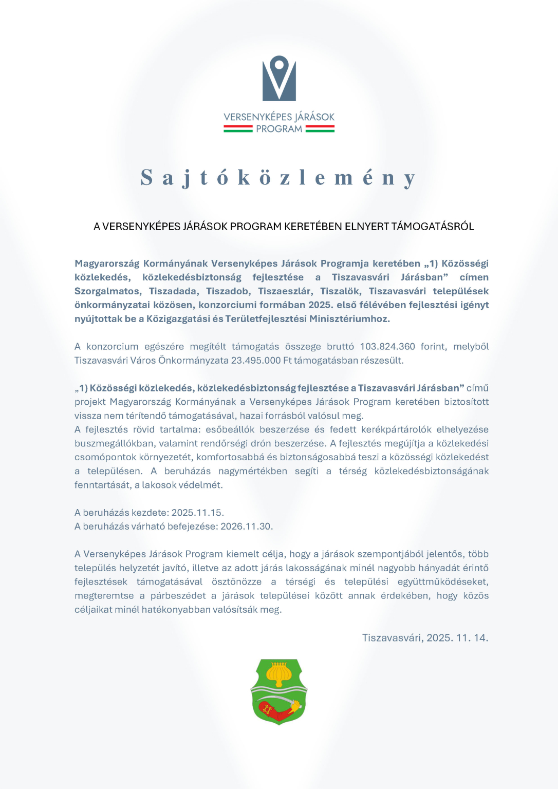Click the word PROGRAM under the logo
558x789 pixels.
coord(279,129)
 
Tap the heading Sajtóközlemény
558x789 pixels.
coord(278,178)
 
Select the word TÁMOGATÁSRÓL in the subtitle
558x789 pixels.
coord(433,227)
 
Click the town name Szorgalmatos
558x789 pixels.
coord(107,291)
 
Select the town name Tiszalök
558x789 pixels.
coord(340,291)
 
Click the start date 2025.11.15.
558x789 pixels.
coord(197,513)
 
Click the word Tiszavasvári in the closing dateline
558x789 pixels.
coord(393,638)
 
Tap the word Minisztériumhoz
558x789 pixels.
coord(349,319)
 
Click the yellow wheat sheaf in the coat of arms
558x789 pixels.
coord(279,674)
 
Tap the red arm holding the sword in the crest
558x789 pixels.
coord(275,710)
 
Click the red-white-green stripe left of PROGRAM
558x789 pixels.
coord(238,129)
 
